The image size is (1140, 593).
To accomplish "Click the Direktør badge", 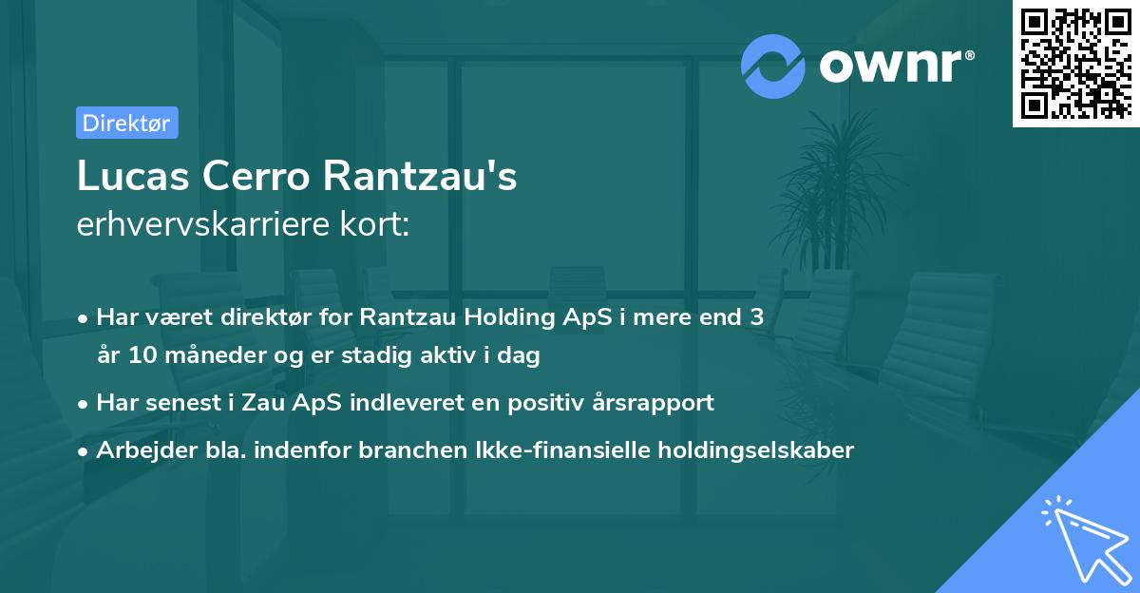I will click(126, 123).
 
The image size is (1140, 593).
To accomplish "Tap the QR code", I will click(1075, 63).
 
